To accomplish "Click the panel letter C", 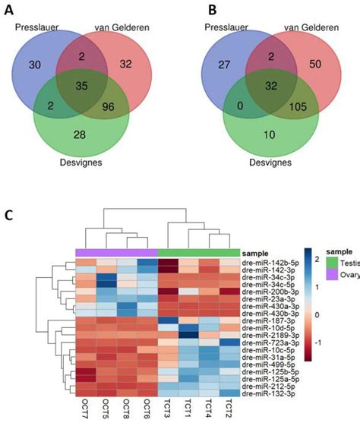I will tap(10, 216).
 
